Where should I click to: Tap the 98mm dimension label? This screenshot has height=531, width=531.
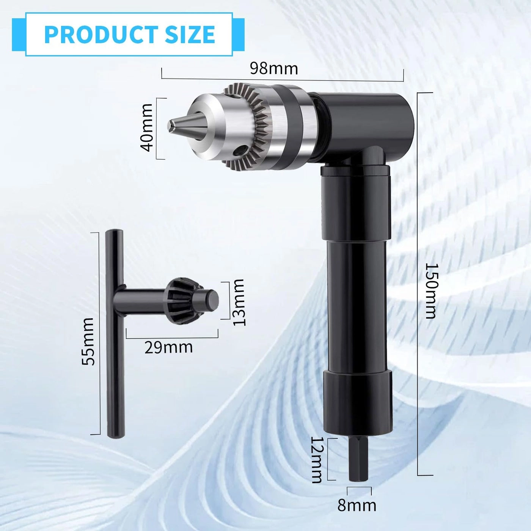(x=274, y=69)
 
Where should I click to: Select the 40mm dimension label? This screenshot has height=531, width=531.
(x=147, y=127)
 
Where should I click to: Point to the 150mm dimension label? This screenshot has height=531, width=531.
(x=430, y=291)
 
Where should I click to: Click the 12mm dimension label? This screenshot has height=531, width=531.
(x=317, y=459)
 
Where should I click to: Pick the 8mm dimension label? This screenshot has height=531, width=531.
(x=357, y=505)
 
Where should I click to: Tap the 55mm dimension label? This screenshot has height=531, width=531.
(x=88, y=342)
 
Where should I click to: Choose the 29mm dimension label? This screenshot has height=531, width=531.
(x=168, y=347)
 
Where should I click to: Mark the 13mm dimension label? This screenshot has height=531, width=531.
(x=239, y=302)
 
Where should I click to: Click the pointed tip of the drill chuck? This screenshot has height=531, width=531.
(x=174, y=124)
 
